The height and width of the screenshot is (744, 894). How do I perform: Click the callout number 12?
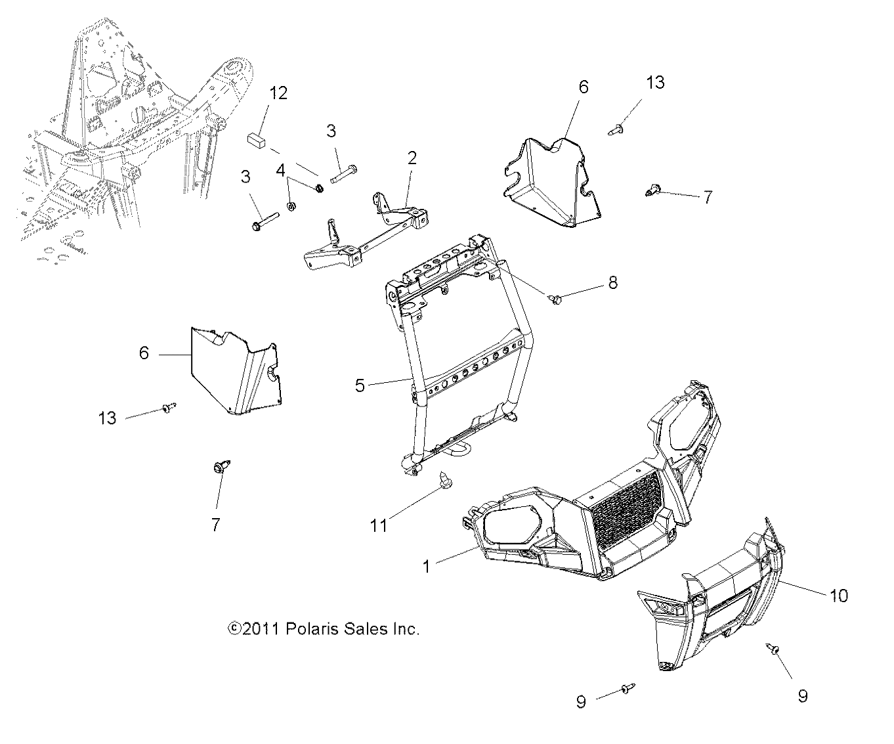pyautogui.click(x=278, y=93)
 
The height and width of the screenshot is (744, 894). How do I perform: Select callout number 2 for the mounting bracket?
pyautogui.click(x=412, y=158)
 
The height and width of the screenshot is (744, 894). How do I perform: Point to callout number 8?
pyautogui.click(x=612, y=283)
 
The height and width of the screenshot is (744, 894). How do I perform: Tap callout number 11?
pyautogui.click(x=379, y=525)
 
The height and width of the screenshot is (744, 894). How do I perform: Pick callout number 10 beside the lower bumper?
pyautogui.click(x=839, y=595)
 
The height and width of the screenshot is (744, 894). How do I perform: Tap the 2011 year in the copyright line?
pyautogui.click(x=261, y=629)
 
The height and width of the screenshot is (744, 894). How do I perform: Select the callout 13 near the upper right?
pyautogui.click(x=655, y=82)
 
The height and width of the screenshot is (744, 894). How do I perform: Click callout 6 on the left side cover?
pyautogui.click(x=144, y=353)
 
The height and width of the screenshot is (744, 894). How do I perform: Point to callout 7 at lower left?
pyautogui.click(x=215, y=525)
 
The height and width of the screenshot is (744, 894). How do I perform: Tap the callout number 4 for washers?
pyautogui.click(x=281, y=171)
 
